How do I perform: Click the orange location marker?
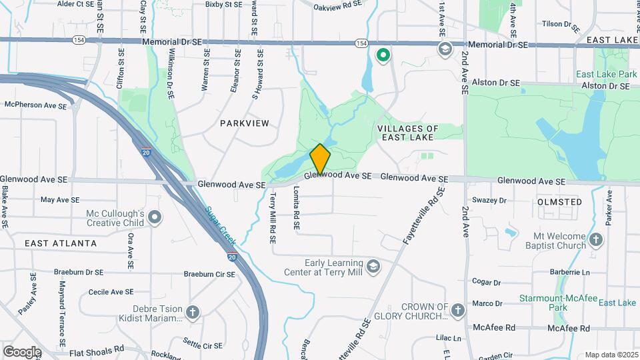click(320, 159)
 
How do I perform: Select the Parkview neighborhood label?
click(244, 123)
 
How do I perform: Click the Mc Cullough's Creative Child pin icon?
click(155, 217)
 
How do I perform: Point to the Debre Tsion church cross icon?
click(193, 311)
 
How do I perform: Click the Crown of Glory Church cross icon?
click(457, 310)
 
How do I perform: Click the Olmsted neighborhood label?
click(559, 201)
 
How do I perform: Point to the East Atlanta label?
click(61, 243)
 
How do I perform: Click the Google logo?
click(22, 351)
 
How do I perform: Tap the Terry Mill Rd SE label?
click(273, 218)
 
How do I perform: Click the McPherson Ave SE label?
click(35, 105)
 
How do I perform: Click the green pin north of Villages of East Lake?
click(383, 55)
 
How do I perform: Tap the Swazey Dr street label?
click(489, 200)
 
